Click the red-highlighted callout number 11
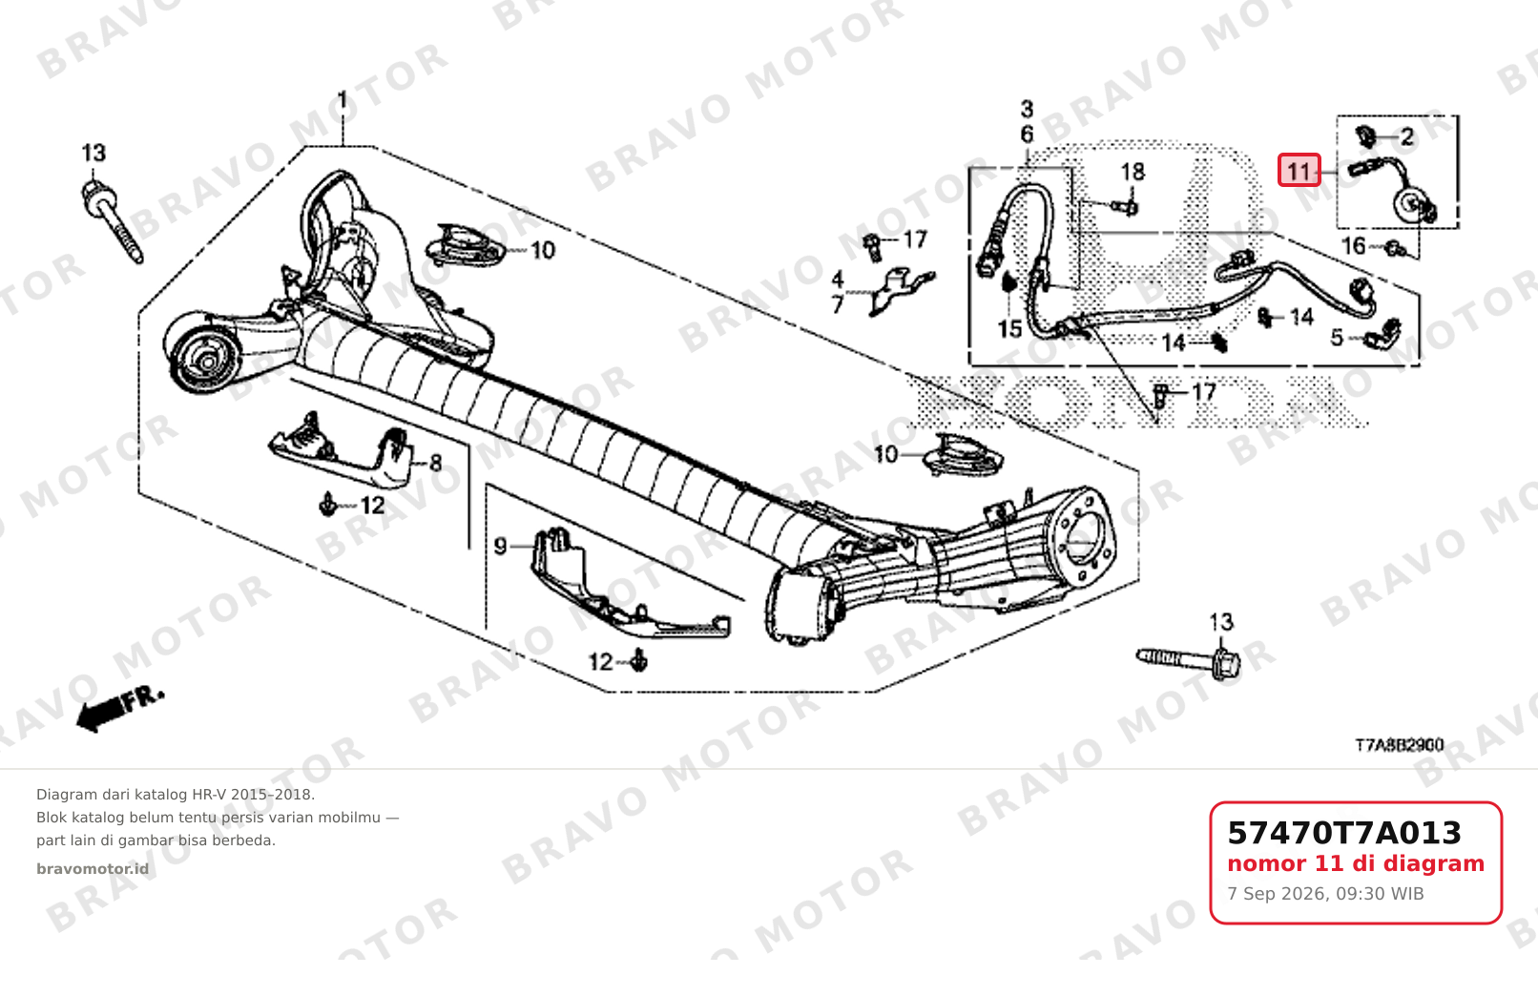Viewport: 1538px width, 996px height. pyautogui.click(x=1299, y=170)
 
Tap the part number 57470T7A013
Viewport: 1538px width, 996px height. pyautogui.click(x=1344, y=833)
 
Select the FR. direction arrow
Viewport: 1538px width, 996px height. pyautogui.click(x=120, y=709)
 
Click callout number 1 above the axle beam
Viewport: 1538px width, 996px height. pyautogui.click(x=342, y=103)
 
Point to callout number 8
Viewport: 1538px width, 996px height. pyautogui.click(x=435, y=464)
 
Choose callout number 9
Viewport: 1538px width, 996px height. pyautogui.click(x=501, y=547)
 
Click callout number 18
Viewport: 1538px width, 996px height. pyautogui.click(x=1133, y=172)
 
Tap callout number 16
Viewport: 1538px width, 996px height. pyautogui.click(x=1354, y=246)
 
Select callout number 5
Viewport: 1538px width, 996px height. pyautogui.click(x=1336, y=338)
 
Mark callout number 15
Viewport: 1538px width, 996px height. pyautogui.click(x=1010, y=329)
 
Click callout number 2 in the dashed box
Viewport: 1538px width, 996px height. pyautogui.click(x=1407, y=137)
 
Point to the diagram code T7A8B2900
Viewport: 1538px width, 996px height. pyautogui.click(x=1400, y=745)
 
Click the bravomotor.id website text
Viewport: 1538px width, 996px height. pyautogui.click(x=93, y=869)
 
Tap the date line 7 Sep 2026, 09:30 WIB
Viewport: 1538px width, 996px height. pyautogui.click(x=1325, y=894)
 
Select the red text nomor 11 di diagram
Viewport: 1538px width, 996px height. pyautogui.click(x=1356, y=863)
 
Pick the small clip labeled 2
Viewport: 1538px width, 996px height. pyautogui.click(x=1365, y=136)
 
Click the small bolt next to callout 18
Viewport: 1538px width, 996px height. pyautogui.click(x=1125, y=206)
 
